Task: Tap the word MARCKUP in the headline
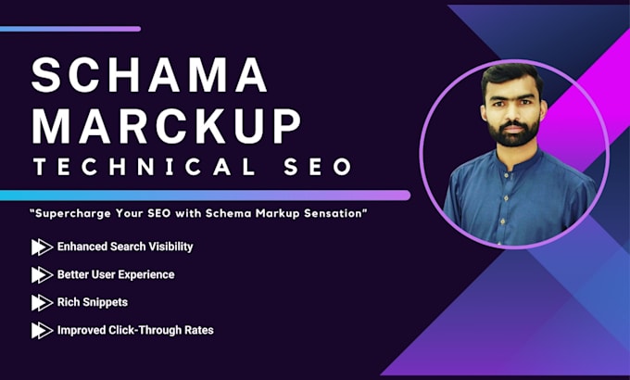[x=167, y=124]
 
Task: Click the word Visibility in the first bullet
[x=166, y=247]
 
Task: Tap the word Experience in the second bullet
[x=145, y=274]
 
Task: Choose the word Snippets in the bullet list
[x=108, y=302]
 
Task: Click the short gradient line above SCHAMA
[x=70, y=29]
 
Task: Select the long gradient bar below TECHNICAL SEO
[x=205, y=196]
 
